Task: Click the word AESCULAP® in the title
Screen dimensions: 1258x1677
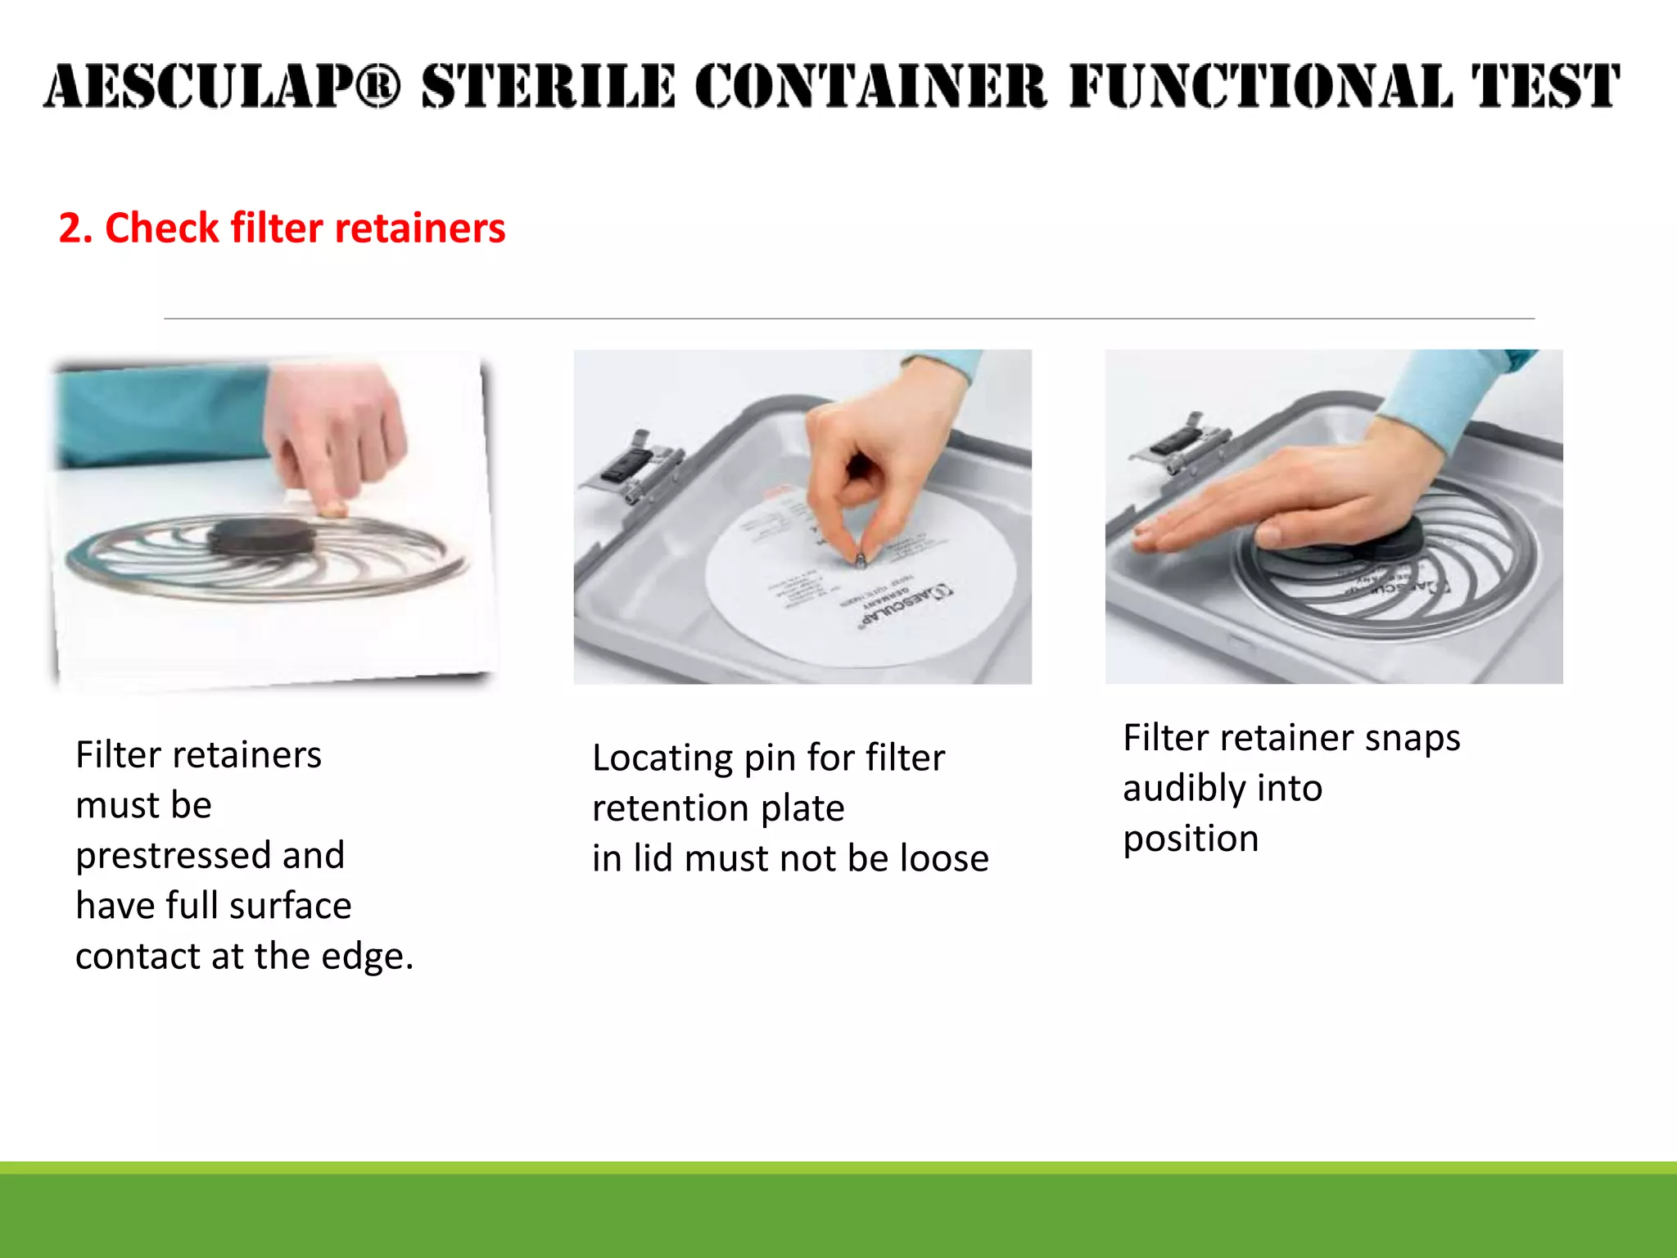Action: tap(221, 87)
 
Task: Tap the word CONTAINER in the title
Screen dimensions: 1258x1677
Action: tap(870, 87)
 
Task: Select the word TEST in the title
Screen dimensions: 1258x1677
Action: tap(1544, 87)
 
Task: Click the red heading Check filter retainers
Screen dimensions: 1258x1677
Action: tap(282, 228)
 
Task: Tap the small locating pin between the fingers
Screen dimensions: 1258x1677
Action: tap(861, 560)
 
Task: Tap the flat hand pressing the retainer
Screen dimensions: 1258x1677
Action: tap(1277, 508)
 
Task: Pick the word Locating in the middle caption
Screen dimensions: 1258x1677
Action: tap(661, 758)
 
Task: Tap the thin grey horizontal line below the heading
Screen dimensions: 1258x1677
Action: tap(848, 319)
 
